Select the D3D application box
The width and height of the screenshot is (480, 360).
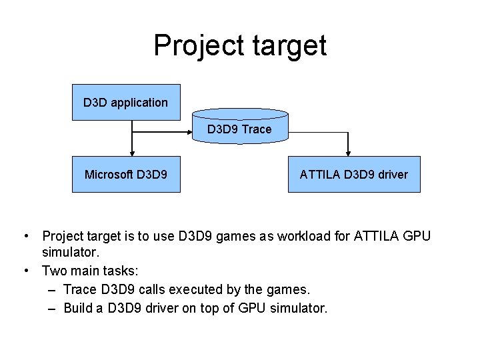(x=126, y=102)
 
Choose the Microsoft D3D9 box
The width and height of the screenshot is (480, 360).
(x=126, y=175)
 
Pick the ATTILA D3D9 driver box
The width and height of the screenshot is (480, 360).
(x=354, y=175)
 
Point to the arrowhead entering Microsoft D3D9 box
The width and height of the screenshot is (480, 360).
(x=133, y=152)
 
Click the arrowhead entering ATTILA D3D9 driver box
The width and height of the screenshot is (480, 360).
(x=347, y=152)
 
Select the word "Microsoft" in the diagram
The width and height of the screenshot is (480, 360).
(x=109, y=175)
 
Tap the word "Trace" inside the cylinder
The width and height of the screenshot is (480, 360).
(x=257, y=129)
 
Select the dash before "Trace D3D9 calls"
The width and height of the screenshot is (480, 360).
(x=53, y=289)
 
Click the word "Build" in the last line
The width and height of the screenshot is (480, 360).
(x=80, y=308)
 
